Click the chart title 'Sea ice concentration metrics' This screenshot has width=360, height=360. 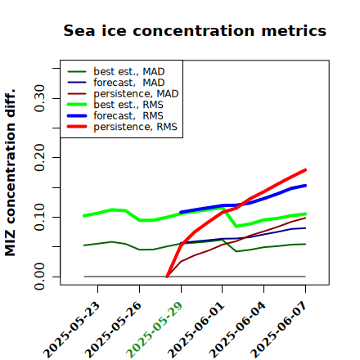[195, 30]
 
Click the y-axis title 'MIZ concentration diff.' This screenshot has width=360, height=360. [10, 173]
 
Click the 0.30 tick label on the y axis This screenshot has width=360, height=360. [40, 98]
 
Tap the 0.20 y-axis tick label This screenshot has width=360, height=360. [40, 158]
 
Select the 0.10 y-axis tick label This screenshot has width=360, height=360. [40, 217]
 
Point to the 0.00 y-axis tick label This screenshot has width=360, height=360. [40, 277]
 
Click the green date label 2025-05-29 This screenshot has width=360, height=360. [155, 330]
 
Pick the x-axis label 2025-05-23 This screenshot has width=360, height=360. [71, 330]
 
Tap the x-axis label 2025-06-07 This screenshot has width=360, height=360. [279, 330]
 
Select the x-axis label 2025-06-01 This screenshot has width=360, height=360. [196, 330]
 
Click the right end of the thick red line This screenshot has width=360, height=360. [305, 170]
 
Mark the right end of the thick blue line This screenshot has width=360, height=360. [305, 186]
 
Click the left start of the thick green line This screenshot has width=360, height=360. [84, 216]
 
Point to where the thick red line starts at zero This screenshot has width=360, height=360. [167, 277]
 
